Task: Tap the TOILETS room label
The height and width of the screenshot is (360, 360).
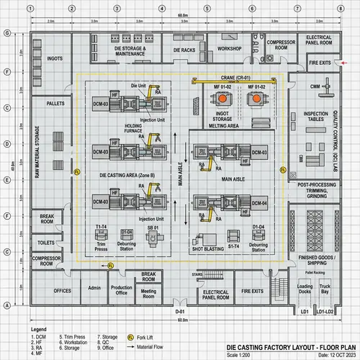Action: click(x=48, y=243)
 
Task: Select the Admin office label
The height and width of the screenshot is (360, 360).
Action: click(x=93, y=290)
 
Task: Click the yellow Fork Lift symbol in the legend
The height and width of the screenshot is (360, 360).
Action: click(x=131, y=336)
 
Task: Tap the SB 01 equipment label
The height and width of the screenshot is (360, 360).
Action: click(x=153, y=228)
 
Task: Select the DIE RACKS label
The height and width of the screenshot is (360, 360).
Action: click(x=185, y=50)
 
